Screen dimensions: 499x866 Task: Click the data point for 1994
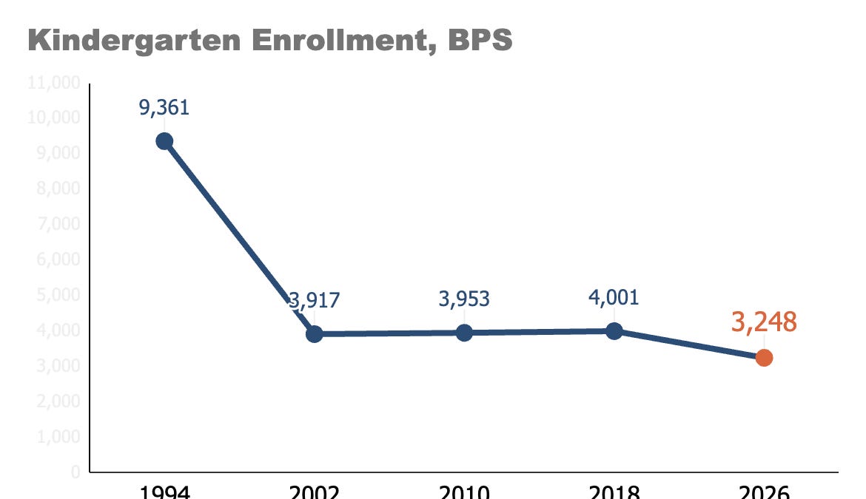point(164,141)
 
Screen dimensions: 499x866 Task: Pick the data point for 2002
point(315,333)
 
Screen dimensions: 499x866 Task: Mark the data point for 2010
point(464,332)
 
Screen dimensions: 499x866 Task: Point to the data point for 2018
point(614,330)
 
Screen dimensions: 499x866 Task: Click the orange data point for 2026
point(764,357)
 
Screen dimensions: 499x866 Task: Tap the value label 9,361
point(164,108)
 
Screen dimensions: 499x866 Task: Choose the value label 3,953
point(464,299)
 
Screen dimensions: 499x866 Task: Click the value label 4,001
point(614,297)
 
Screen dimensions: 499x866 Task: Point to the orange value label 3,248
point(764,322)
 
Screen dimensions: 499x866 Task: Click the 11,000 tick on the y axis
point(54,83)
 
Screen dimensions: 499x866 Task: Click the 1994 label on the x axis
point(164,492)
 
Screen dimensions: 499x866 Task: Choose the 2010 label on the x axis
point(464,492)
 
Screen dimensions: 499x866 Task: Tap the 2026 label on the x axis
point(764,492)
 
